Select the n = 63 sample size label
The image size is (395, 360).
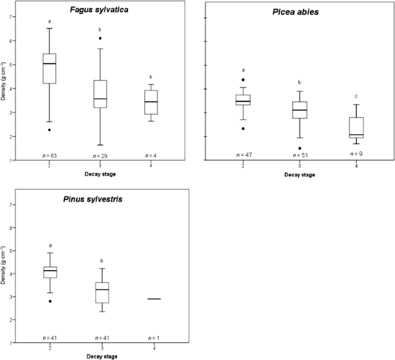tap(50, 156)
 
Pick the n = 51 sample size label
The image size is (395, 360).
tap(299, 154)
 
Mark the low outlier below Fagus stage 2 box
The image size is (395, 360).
tap(50, 130)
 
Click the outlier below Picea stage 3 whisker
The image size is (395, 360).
tap(299, 148)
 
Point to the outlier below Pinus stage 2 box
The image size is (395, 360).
tap(50, 301)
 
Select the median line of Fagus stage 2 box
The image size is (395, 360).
tap(50, 64)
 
